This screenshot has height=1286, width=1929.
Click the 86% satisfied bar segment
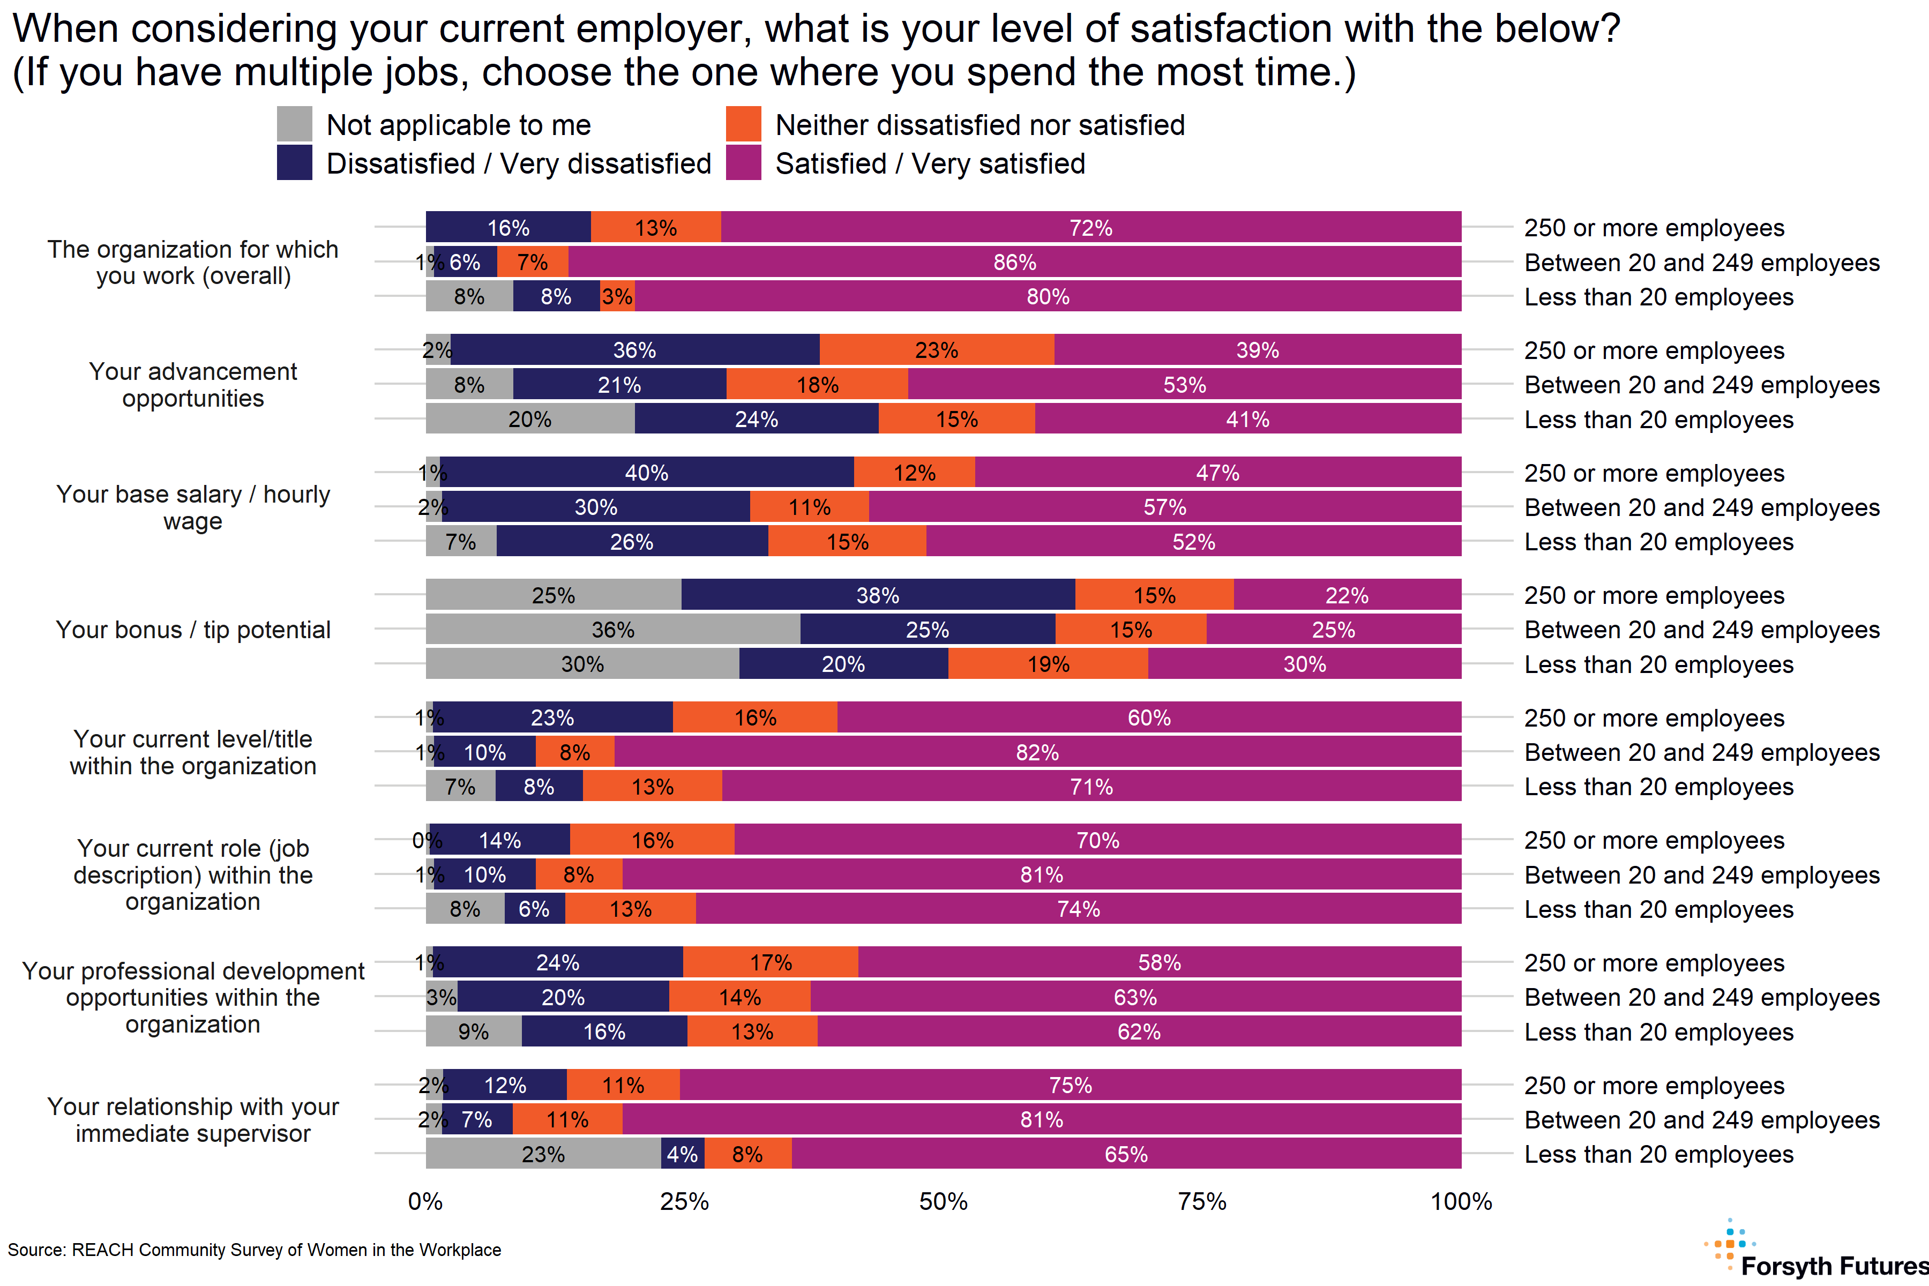pyautogui.click(x=1014, y=263)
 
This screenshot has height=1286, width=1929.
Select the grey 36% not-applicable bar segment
pyautogui.click(x=612, y=630)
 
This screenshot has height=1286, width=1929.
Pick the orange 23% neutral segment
pyautogui.click(x=937, y=350)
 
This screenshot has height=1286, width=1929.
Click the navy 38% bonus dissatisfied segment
pyautogui.click(x=878, y=595)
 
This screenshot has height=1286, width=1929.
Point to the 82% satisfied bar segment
pyautogui.click(x=1037, y=752)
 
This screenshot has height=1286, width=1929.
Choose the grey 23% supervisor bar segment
pyautogui.click(x=543, y=1154)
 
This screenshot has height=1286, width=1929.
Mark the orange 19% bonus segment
pyautogui.click(x=1048, y=664)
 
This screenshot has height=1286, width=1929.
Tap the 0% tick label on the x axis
pyautogui.click(x=425, y=1201)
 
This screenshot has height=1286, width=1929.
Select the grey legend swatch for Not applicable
pyautogui.click(x=294, y=124)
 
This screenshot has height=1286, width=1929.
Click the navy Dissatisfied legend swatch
pyautogui.click(x=294, y=162)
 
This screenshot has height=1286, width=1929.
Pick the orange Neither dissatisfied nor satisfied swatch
pyautogui.click(x=743, y=124)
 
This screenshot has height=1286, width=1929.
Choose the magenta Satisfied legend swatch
pyautogui.click(x=743, y=162)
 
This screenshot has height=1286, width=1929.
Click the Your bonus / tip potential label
pyautogui.click(x=193, y=630)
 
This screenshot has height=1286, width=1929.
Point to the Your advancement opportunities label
pyautogui.click(x=193, y=385)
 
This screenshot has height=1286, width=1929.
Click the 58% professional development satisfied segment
pyautogui.click(x=1159, y=962)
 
